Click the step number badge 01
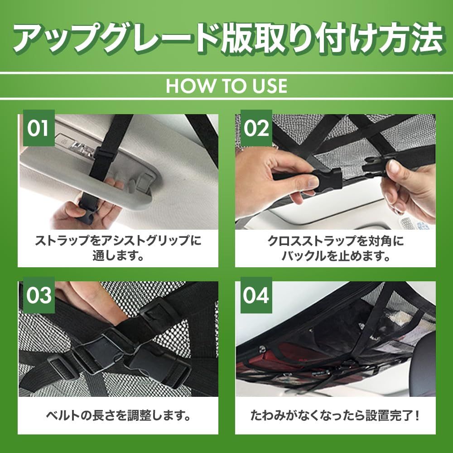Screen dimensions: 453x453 pos(39,128)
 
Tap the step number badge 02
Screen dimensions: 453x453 pos(256,128)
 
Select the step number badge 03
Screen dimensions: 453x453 pos(39,295)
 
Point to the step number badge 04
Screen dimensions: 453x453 pos(256,295)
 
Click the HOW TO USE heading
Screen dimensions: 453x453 pos(226,86)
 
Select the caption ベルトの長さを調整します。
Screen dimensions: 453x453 pos(118,415)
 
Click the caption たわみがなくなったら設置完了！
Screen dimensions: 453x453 pos(335,415)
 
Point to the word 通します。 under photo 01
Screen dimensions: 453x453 pos(118,255)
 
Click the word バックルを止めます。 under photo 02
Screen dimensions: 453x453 pos(335,255)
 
